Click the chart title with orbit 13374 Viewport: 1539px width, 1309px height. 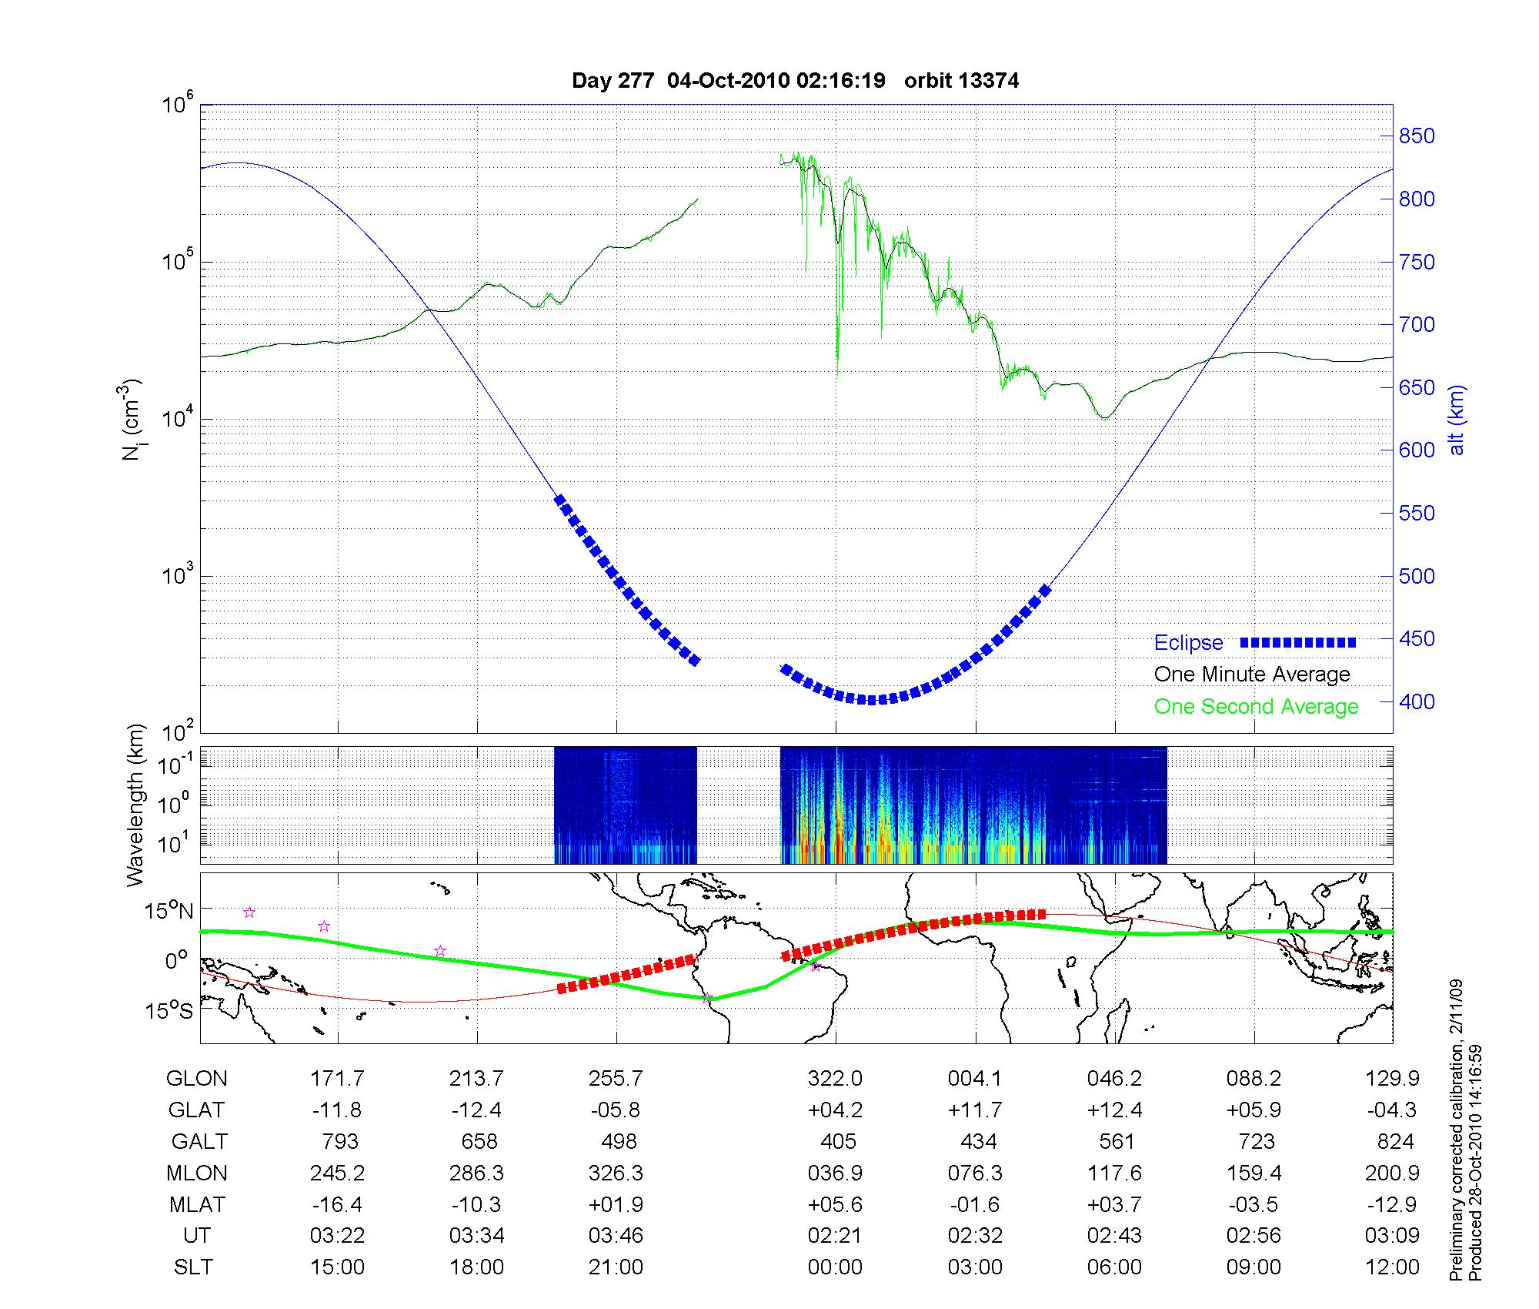click(795, 81)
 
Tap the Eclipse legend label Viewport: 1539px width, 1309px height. click(1188, 643)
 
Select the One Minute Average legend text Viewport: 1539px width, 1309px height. click(1252, 675)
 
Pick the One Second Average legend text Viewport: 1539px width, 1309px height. click(1256, 707)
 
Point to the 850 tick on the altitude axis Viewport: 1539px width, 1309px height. click(1417, 136)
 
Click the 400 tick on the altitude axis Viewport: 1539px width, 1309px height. click(1417, 701)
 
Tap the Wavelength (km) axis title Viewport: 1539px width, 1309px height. click(136, 805)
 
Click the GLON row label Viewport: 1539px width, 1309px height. click(196, 1079)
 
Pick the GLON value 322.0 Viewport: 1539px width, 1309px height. click(835, 1079)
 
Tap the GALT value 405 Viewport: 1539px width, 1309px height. click(838, 1141)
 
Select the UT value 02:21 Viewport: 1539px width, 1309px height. click(835, 1235)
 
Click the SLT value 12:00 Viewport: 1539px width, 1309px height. click(1392, 1267)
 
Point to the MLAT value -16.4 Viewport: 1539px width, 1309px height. click(337, 1204)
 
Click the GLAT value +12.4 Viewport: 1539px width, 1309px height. click(1114, 1110)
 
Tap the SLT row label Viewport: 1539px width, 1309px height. click(193, 1267)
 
